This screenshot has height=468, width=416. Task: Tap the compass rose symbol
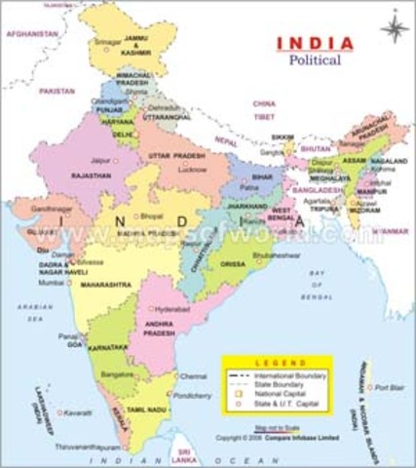(392, 29)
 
